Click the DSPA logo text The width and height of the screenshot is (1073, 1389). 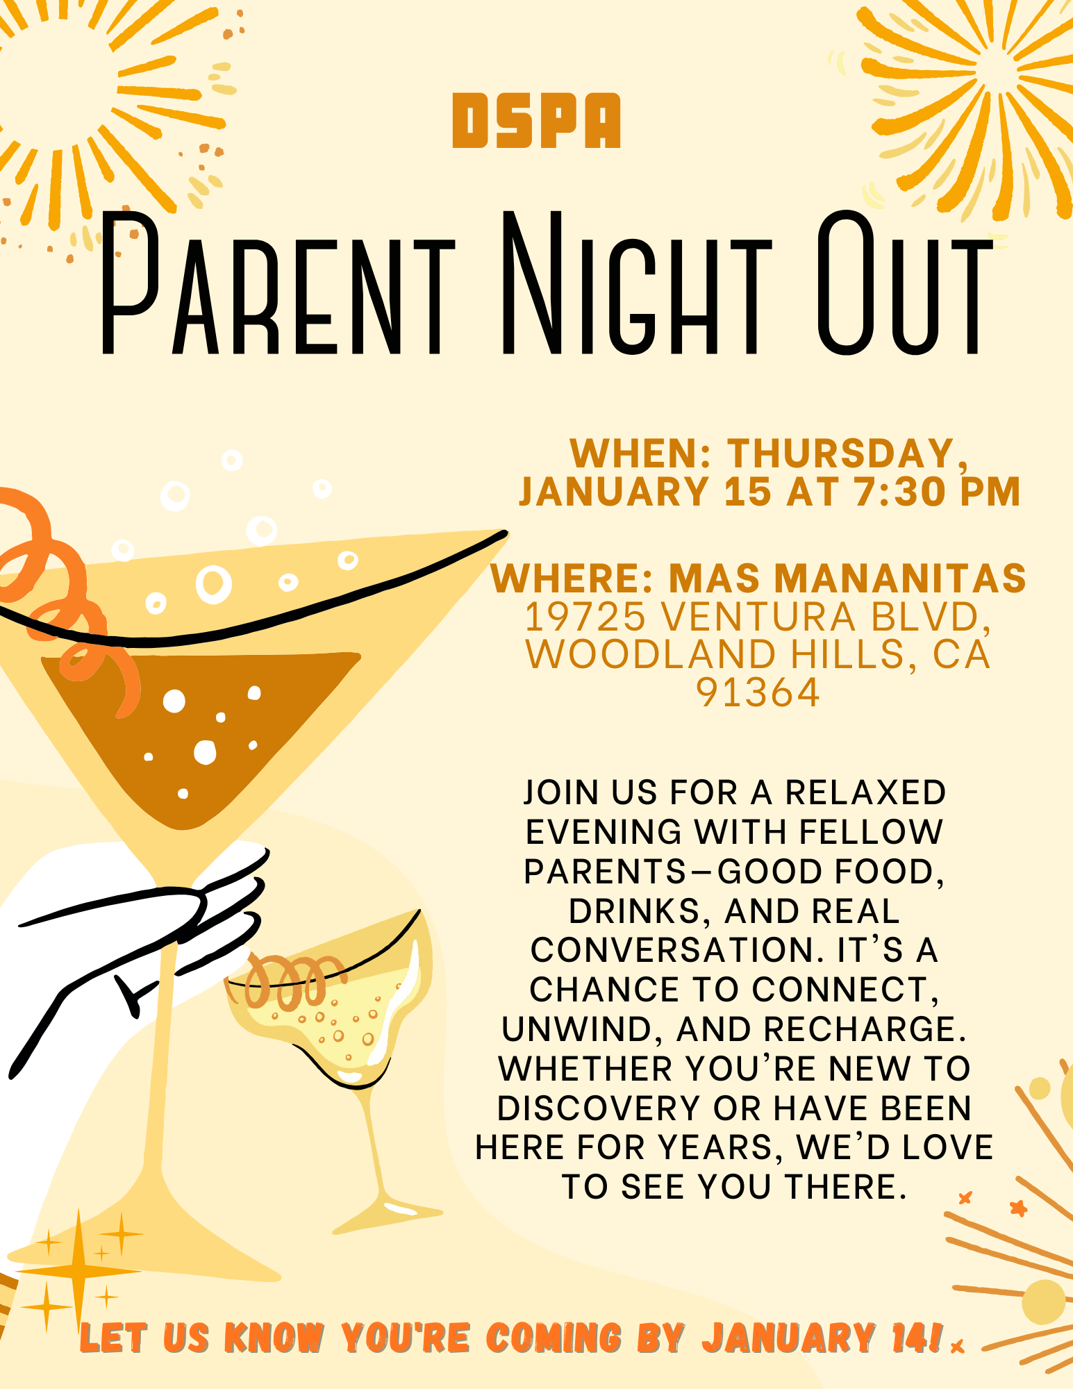[x=536, y=121]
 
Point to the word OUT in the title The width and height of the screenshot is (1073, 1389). [x=903, y=285]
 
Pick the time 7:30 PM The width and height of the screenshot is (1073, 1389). [x=938, y=492]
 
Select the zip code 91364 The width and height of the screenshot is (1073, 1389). [x=758, y=693]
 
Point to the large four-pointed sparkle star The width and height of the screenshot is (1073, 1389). [x=78, y=1271]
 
